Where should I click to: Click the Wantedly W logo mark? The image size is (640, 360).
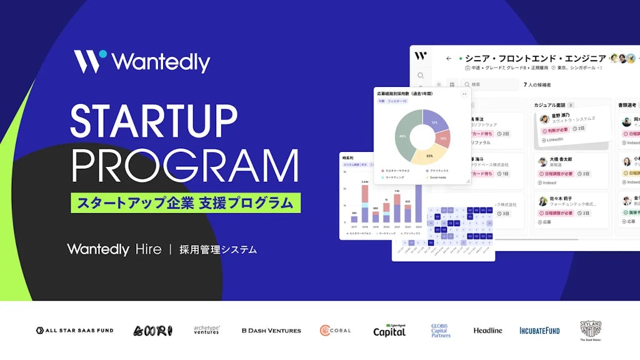[90, 61]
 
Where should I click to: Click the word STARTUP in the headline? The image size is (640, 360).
[154, 121]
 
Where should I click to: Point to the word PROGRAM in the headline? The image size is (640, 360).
[184, 166]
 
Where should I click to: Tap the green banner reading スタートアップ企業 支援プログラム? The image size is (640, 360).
[185, 202]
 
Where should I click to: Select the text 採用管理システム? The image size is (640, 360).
[217, 249]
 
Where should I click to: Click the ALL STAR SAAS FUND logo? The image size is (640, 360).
[74, 330]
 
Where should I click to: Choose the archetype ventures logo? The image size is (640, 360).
[207, 330]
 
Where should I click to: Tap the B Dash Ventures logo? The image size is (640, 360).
[271, 330]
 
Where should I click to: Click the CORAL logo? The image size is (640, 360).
[335, 330]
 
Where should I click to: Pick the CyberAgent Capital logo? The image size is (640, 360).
[389, 330]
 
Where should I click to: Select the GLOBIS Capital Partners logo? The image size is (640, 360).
[441, 330]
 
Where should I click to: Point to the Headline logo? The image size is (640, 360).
[487, 330]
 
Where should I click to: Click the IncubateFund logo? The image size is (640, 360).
[539, 330]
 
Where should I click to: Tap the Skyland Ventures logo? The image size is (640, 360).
[591, 329]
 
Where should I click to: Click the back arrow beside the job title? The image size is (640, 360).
[449, 58]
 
